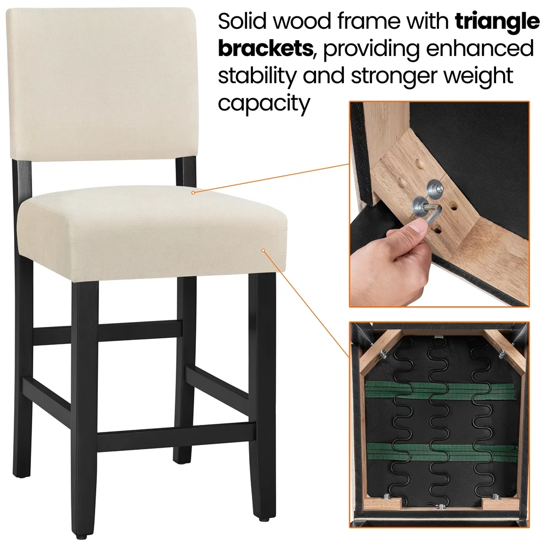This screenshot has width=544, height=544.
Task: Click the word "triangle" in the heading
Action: [497, 22]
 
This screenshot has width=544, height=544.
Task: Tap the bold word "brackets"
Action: [266, 48]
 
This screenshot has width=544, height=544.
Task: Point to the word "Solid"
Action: [243, 21]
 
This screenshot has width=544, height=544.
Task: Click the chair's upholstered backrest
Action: [102, 85]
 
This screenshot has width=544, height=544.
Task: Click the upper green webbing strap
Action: [441, 390]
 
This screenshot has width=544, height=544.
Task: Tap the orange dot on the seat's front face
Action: [263, 250]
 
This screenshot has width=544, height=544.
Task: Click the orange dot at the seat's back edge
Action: [193, 193]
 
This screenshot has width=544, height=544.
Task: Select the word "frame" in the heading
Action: [368, 21]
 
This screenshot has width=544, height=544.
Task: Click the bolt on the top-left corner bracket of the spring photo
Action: [384, 354]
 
